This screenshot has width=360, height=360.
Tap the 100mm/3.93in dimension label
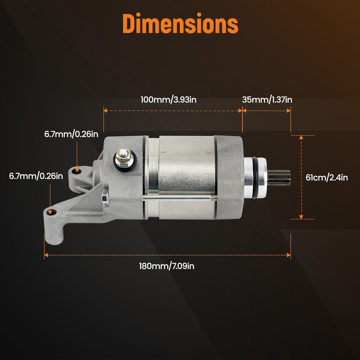click(x=168, y=100)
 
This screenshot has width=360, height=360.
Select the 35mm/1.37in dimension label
click(x=267, y=100)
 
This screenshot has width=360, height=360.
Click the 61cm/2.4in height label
click(x=327, y=177)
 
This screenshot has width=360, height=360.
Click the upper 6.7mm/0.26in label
click(x=71, y=134)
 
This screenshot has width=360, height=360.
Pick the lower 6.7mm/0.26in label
click(x=36, y=175)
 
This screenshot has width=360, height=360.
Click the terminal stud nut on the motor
click(x=123, y=158)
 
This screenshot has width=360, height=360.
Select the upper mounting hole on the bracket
click(x=78, y=171)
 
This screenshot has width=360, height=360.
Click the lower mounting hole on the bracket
click(x=51, y=212)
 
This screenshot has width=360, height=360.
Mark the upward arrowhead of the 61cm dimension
click(x=301, y=137)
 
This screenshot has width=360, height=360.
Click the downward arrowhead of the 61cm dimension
click(x=301, y=217)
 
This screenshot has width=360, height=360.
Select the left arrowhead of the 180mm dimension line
click(x=46, y=255)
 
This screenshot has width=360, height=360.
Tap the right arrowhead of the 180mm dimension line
click(x=289, y=255)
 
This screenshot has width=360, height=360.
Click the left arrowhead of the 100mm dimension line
click(x=106, y=111)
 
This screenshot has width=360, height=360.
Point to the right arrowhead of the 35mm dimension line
click(x=289, y=111)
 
